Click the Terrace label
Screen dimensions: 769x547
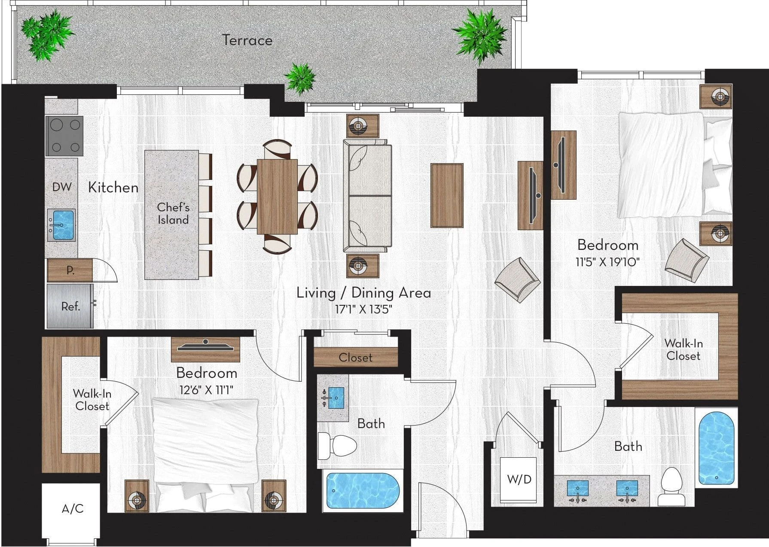pos(247,40)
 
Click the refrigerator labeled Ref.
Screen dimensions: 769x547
pos(70,306)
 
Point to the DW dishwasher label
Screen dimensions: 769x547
pos(62,187)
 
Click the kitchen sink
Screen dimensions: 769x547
pos(61,225)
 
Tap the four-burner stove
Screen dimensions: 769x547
pos(64,136)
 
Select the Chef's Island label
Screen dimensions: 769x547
pos(173,213)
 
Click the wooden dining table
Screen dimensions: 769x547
pos(277,197)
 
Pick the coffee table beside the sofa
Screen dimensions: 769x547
pos(447,195)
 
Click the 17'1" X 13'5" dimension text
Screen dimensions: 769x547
pos(363,310)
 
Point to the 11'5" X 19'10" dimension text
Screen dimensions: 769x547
pos(607,262)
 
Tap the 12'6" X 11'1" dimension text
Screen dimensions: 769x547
pos(206,390)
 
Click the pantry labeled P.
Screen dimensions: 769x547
pos(70,270)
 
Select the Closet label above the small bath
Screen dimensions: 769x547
pos(355,358)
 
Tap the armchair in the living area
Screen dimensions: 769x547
pos(517,280)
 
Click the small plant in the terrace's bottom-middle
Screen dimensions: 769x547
pos(301,78)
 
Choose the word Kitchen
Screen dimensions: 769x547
pos(113,188)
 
